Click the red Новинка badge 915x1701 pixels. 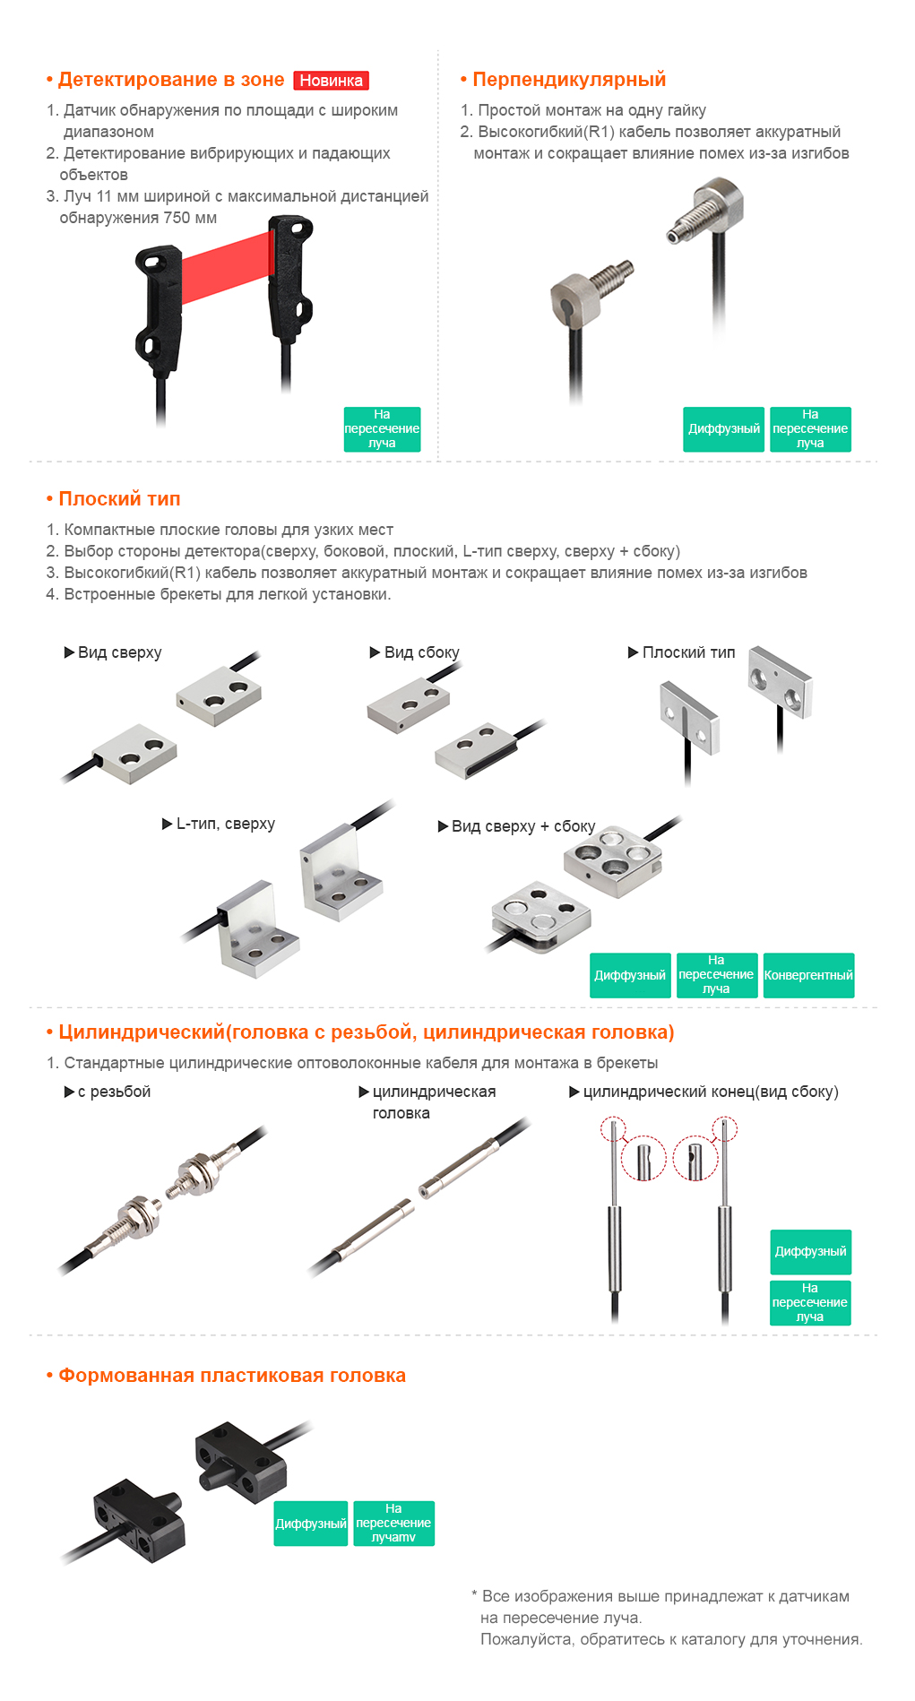click(x=331, y=81)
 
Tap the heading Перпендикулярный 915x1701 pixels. click(x=569, y=80)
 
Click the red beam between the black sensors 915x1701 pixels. click(x=227, y=270)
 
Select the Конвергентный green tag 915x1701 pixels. click(x=808, y=975)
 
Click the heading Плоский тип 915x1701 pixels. click(x=119, y=499)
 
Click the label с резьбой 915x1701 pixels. click(x=114, y=1092)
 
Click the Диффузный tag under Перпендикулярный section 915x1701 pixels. click(x=723, y=429)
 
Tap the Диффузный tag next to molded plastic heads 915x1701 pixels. click(x=310, y=1524)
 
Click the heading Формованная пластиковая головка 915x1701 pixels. click(x=232, y=1376)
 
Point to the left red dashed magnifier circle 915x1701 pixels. click(x=644, y=1158)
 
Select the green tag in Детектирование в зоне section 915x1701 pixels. click(x=382, y=429)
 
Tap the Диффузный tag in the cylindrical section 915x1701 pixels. click(x=810, y=1252)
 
